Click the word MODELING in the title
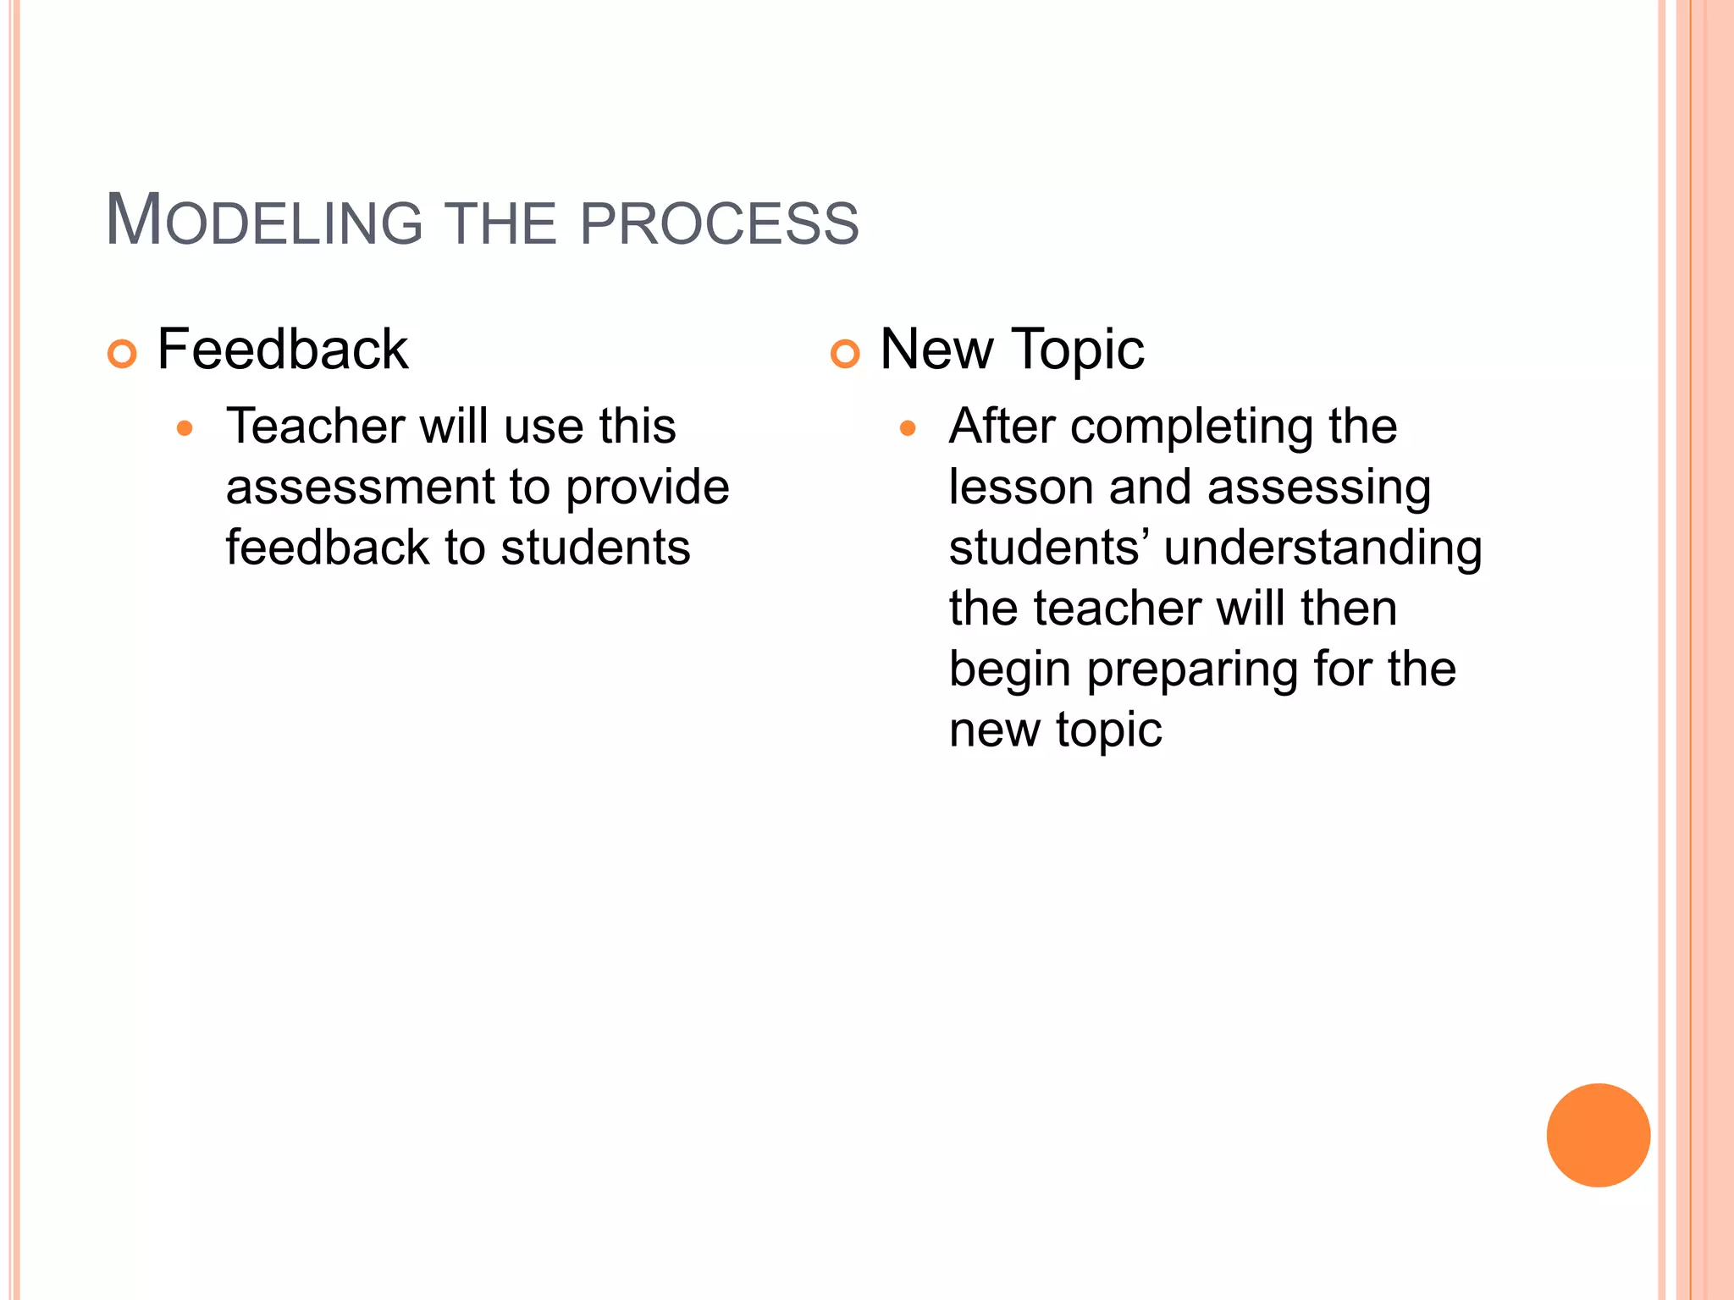click(x=263, y=221)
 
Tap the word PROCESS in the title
click(x=719, y=223)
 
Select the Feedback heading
click(x=282, y=349)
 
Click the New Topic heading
click(x=1012, y=349)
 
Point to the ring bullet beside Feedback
click(x=122, y=354)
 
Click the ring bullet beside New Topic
click(x=845, y=354)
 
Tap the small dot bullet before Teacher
click(x=185, y=428)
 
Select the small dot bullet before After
click(x=908, y=428)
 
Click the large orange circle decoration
click(x=1598, y=1135)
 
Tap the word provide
click(x=647, y=487)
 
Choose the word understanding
click(x=1323, y=548)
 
